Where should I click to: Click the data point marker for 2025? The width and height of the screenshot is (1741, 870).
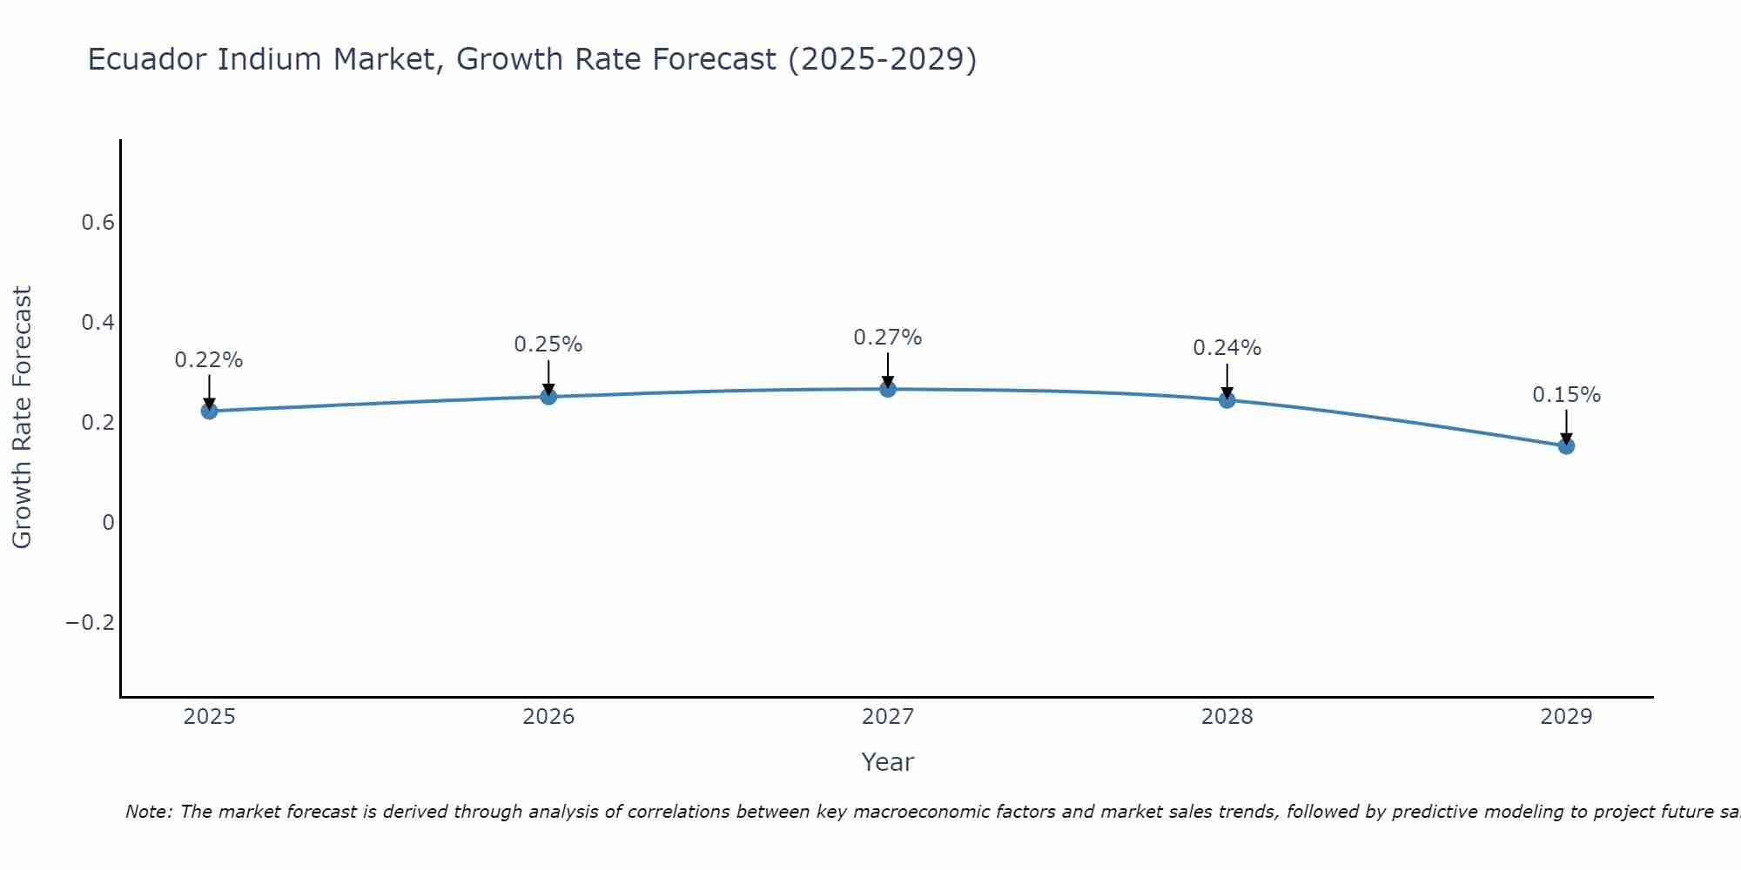pos(209,411)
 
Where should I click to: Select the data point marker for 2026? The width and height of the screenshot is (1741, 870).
pos(548,397)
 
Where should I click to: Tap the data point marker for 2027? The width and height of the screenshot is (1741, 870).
pos(888,389)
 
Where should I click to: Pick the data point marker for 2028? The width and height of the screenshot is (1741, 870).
pos(1227,400)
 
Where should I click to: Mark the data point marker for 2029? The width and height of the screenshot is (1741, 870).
pos(1566,446)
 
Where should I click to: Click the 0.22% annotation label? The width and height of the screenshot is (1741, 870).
pos(209,360)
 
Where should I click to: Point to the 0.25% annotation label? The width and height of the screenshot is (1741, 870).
pos(548,345)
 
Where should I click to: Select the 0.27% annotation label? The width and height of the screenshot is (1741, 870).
pos(888,338)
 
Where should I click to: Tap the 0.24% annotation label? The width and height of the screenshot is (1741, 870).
pos(1227,348)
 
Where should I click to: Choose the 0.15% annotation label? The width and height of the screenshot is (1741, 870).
pos(1566,395)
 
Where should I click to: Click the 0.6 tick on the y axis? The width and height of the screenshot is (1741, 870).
pos(98,223)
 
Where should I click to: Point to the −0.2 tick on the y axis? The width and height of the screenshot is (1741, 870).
pos(91,623)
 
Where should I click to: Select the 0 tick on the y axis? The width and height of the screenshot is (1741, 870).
pos(108,523)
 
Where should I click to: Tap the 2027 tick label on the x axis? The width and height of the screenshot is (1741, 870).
pos(888,717)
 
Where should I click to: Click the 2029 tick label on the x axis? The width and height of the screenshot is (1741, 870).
pos(1566,717)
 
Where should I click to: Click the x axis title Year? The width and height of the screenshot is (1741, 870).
pos(888,763)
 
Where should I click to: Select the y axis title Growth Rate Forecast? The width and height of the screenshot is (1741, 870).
pos(23,418)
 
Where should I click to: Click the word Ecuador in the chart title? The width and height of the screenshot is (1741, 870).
pos(147,60)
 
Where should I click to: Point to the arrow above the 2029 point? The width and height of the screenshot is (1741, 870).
pos(1566,426)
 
